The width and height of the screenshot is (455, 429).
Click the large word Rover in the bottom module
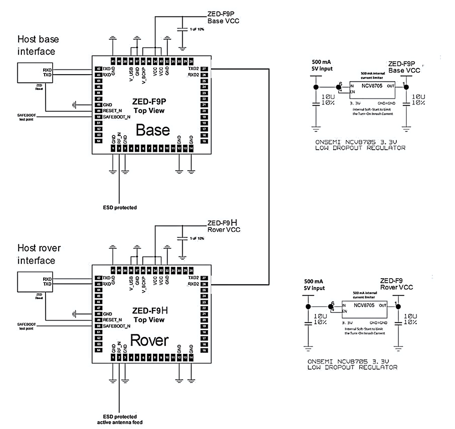(150, 340)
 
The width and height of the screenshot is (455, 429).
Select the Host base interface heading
(38, 45)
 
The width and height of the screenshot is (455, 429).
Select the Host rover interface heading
(39, 254)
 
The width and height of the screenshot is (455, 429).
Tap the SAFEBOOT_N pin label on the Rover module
(117, 326)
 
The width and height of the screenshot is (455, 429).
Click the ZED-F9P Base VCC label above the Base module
(223, 18)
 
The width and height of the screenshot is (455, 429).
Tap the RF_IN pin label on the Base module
(119, 138)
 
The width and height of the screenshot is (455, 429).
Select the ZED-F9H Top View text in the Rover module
(149, 315)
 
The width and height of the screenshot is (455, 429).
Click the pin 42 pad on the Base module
(98, 69)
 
